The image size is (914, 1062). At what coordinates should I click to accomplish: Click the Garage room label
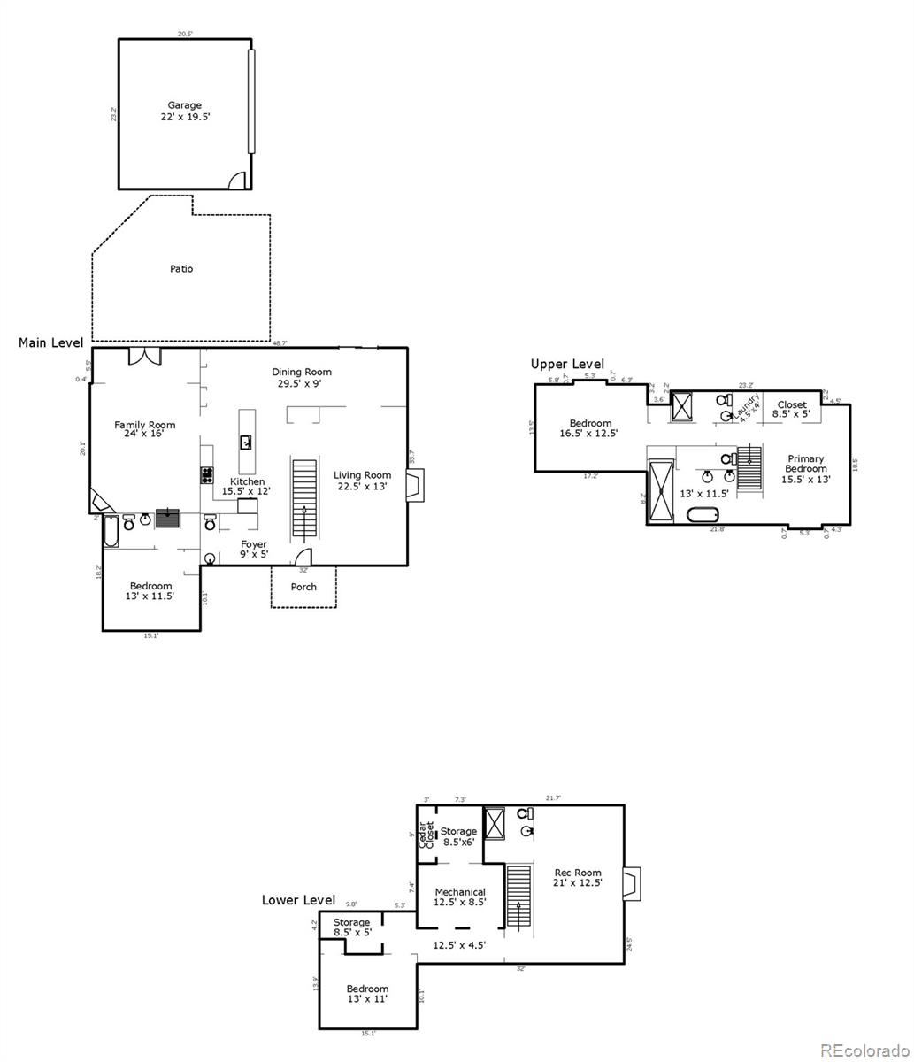185,111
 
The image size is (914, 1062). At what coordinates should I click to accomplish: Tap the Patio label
181,268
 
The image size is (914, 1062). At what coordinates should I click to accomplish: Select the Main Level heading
50,342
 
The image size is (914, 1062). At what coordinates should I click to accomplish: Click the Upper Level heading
567,364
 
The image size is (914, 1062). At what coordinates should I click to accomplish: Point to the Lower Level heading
298,900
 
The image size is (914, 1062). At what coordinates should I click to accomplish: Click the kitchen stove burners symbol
208,475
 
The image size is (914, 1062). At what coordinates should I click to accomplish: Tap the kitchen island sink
247,442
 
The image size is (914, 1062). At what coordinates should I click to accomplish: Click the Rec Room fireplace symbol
631,884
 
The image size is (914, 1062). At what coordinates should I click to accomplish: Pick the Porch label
303,587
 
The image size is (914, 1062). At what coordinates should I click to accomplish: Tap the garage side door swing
237,181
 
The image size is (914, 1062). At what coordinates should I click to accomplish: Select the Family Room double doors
144,356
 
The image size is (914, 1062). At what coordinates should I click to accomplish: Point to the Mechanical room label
460,897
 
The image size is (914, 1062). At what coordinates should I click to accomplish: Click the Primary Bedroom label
805,469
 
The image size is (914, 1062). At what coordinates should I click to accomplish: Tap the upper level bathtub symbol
703,515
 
